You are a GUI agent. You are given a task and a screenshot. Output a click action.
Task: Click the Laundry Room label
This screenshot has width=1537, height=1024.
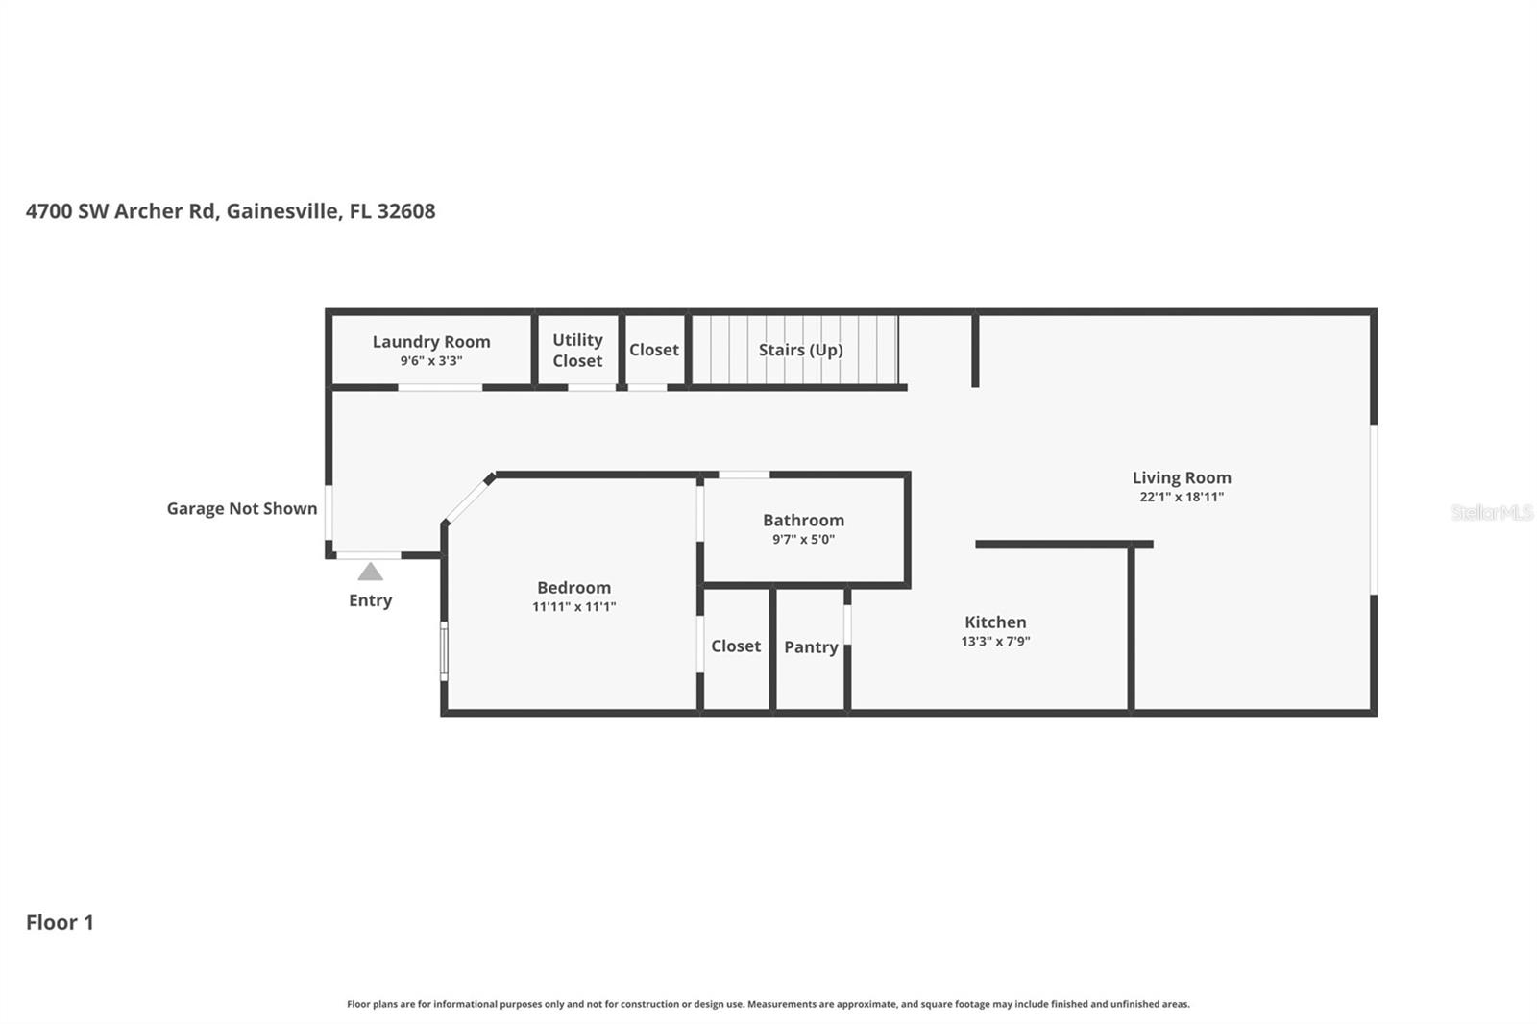(x=431, y=341)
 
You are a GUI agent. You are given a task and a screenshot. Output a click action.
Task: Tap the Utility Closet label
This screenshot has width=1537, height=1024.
(x=577, y=350)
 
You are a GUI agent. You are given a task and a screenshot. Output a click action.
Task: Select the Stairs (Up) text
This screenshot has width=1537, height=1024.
(x=800, y=350)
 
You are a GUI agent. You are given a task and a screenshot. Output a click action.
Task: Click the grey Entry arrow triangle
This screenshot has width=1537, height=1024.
(x=370, y=573)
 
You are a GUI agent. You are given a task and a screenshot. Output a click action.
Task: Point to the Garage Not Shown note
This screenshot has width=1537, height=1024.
(x=242, y=508)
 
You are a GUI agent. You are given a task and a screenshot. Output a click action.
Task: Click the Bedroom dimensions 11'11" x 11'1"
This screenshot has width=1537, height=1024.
(x=573, y=607)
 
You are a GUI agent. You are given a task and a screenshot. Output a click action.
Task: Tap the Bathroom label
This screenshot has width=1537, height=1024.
(x=803, y=520)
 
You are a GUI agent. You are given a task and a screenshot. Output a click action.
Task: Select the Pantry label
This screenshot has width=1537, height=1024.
(x=811, y=646)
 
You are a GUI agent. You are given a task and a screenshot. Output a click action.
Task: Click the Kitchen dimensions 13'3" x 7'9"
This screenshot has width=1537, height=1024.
(x=995, y=642)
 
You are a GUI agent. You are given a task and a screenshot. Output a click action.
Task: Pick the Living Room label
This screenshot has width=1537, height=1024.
(x=1181, y=477)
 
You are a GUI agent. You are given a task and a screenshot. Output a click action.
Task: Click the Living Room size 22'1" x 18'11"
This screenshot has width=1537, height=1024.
(x=1181, y=498)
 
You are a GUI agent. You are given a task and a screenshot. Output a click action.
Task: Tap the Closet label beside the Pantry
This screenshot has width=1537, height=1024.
(x=736, y=646)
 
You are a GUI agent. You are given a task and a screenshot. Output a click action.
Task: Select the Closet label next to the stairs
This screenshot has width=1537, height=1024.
(x=653, y=350)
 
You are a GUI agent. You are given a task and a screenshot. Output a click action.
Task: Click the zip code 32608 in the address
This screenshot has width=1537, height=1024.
(x=406, y=211)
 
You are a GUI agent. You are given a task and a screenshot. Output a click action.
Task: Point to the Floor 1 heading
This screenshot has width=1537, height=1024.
(x=60, y=922)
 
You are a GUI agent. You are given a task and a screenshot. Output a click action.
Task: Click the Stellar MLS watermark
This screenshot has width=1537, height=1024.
(x=1491, y=512)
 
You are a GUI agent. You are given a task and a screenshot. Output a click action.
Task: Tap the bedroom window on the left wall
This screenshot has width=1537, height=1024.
(x=444, y=650)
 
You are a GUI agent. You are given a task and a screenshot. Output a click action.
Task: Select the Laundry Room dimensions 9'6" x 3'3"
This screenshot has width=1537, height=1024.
(x=431, y=361)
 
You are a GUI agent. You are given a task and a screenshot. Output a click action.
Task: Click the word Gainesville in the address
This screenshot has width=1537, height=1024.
(x=283, y=211)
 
